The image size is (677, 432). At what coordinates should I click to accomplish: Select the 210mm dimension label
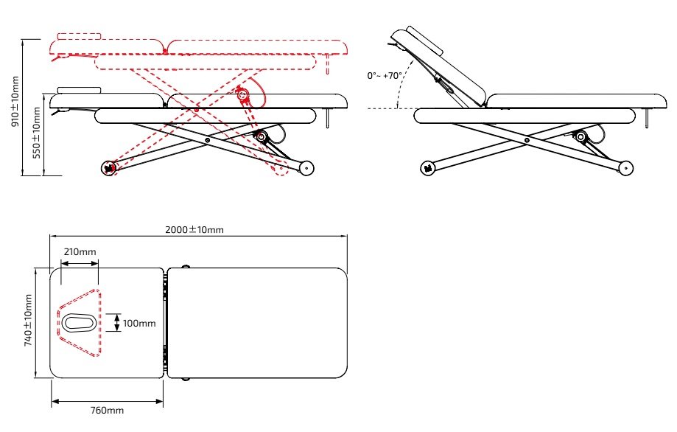(80, 252)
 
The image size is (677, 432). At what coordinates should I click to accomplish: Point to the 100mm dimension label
(139, 323)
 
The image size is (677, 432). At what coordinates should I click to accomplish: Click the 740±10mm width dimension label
(29, 321)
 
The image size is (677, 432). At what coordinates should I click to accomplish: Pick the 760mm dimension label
(106, 410)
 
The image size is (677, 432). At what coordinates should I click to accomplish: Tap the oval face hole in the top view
(77, 322)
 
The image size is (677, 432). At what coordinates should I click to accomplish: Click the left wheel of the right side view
(427, 169)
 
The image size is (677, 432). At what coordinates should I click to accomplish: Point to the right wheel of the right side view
(625, 169)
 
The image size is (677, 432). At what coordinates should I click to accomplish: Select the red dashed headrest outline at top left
(79, 34)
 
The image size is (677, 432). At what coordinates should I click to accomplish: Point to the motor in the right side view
(580, 136)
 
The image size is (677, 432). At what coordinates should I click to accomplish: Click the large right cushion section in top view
(258, 323)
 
